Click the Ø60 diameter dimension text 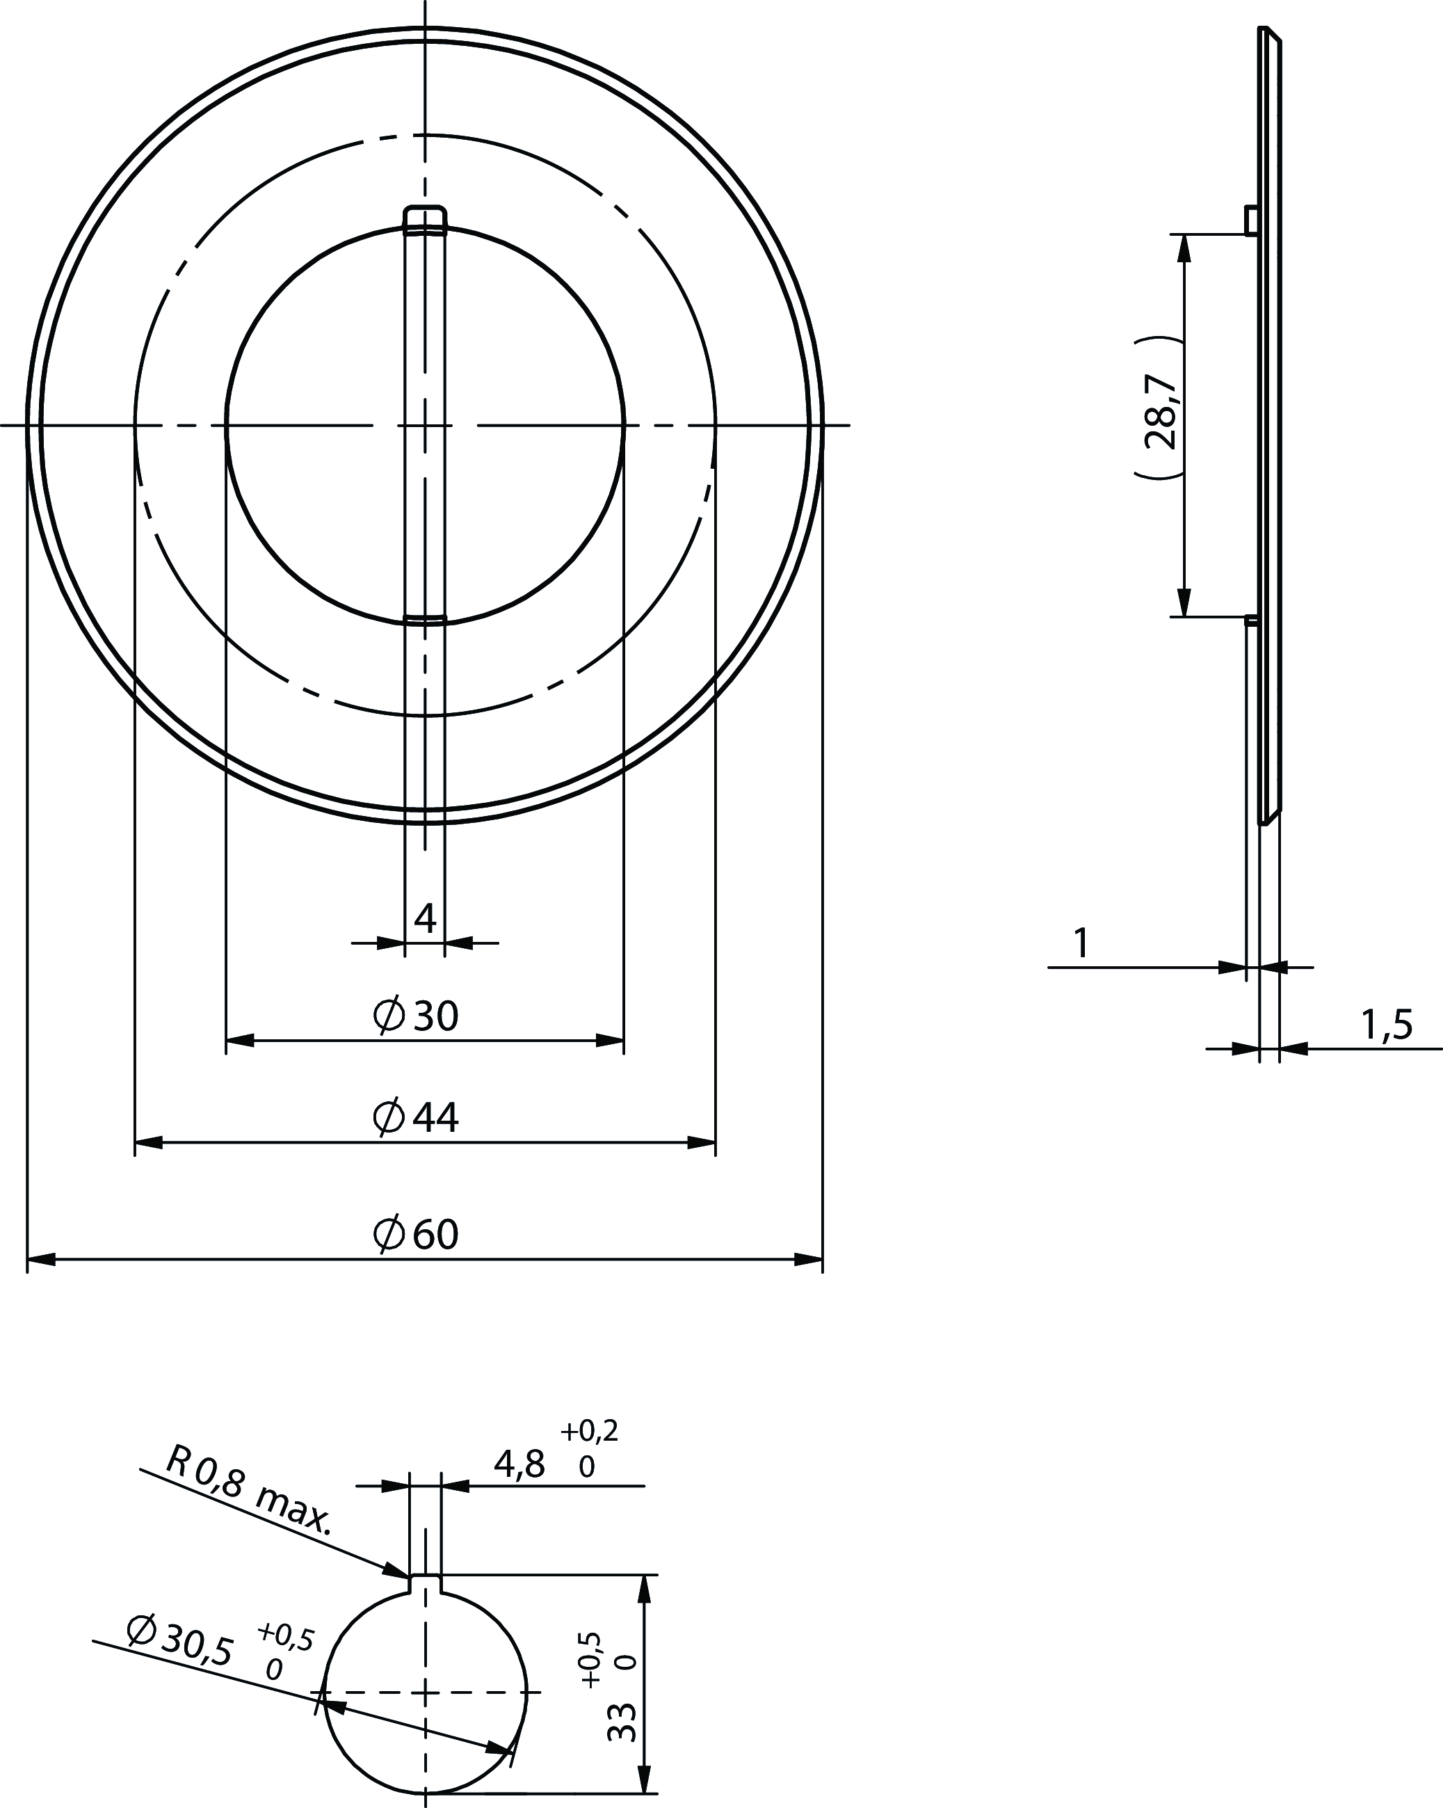(416, 1234)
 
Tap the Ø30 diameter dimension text (416, 1016)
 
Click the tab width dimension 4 (425, 919)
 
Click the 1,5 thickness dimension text (1386, 1025)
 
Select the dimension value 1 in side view (1081, 943)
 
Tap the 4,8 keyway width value (519, 1465)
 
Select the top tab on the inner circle (425, 217)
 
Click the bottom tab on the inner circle (425, 620)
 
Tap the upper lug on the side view (1251, 220)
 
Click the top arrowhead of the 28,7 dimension (1184, 248)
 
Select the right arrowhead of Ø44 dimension (702, 1142)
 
